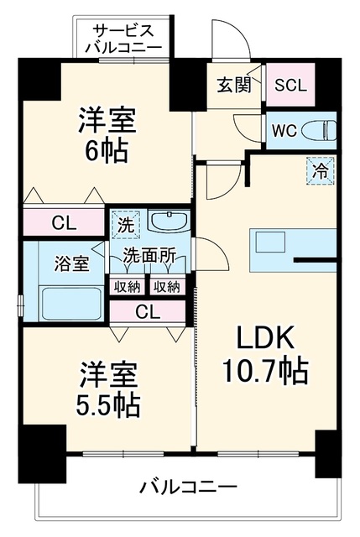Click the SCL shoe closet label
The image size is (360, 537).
tap(290, 85)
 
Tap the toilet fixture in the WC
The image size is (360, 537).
tap(319, 130)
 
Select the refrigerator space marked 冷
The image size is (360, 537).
tap(321, 171)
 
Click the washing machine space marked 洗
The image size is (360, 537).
tap(126, 225)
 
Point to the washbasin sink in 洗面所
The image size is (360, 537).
tap(169, 222)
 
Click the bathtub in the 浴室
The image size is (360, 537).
tap(71, 303)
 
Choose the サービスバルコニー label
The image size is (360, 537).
tap(123, 39)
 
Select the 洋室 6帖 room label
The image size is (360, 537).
tap(107, 134)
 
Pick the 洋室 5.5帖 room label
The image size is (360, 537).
tap(108, 389)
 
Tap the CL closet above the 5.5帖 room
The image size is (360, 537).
tap(148, 311)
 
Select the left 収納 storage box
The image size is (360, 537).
tap(127, 286)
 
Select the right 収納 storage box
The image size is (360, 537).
tap(167, 286)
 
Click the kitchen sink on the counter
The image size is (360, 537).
tap(270, 242)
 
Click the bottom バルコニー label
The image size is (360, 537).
tap(188, 487)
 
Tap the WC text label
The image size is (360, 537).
tap(284, 130)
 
